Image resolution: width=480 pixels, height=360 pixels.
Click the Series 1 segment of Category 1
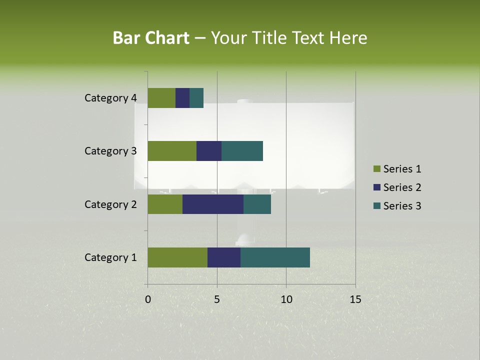point(177,257)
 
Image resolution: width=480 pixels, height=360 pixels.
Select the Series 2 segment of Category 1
point(224,257)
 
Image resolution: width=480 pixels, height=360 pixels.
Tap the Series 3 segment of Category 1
point(275,257)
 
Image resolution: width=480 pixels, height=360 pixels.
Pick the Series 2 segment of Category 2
point(213,204)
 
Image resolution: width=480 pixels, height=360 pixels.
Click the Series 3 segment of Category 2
point(257,204)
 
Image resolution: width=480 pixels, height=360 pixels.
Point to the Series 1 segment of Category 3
point(172,151)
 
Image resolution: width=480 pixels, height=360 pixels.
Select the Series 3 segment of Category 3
point(242,151)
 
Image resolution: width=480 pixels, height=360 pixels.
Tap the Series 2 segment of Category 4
point(182,98)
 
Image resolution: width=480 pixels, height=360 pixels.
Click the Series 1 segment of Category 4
point(161,98)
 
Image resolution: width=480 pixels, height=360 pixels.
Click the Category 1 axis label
point(110,257)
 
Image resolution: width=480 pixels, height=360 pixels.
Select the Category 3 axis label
point(110,151)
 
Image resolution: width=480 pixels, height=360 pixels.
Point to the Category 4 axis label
point(110,98)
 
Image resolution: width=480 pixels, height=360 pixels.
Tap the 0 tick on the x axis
point(148,299)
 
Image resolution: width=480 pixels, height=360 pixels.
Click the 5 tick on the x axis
point(217,299)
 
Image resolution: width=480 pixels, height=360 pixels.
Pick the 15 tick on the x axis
point(355,299)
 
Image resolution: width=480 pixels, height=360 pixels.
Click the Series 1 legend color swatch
point(376,169)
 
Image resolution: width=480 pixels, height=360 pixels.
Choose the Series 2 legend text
point(402,187)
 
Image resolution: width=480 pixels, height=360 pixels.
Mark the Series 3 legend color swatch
point(376,206)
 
